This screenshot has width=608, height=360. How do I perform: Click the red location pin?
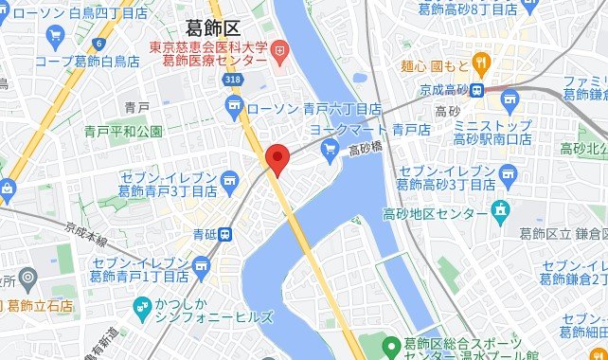[x=276, y=158]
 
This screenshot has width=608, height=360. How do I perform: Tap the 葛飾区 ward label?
[x=213, y=30]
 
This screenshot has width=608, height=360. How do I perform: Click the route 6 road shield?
[x=98, y=44]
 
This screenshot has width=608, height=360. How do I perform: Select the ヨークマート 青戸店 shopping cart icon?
[x=330, y=147]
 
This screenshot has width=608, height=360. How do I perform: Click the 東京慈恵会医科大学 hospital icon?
[x=278, y=49]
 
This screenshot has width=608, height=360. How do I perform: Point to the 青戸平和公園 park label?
[x=123, y=131]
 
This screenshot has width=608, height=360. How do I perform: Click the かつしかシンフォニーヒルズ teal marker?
[x=141, y=306]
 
